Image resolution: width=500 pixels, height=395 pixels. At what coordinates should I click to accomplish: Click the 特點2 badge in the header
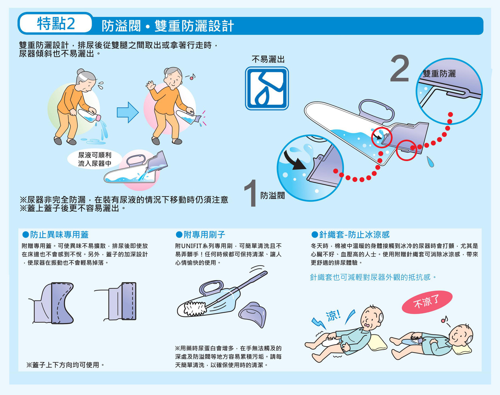click(56, 23)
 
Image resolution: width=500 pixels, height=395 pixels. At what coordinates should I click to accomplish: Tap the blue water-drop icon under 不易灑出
click(267, 88)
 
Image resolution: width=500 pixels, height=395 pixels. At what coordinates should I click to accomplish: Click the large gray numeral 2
click(400, 68)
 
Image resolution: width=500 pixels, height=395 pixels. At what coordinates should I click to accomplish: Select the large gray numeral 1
click(251, 193)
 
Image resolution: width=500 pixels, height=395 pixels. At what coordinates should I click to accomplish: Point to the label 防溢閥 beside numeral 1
click(273, 195)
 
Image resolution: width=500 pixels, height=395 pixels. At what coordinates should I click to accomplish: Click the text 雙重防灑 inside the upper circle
click(439, 73)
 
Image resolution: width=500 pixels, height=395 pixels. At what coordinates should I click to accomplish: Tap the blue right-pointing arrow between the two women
click(128, 113)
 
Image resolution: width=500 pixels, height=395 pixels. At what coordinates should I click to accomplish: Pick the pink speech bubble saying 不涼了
click(427, 302)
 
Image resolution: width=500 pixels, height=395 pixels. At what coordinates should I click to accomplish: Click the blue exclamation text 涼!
click(334, 316)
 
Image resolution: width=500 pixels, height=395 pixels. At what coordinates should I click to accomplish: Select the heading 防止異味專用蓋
click(56, 235)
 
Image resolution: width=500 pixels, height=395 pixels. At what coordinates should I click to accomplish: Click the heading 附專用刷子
click(200, 235)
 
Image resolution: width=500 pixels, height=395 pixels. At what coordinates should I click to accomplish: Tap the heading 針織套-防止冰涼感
click(350, 235)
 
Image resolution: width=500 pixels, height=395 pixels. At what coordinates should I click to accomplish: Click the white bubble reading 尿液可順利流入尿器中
click(95, 159)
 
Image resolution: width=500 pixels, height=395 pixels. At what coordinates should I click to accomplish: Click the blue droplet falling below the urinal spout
click(430, 162)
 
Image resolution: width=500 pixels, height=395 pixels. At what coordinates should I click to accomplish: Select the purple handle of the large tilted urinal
click(377, 110)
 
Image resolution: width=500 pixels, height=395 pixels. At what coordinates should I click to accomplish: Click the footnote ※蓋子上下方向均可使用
click(65, 365)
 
